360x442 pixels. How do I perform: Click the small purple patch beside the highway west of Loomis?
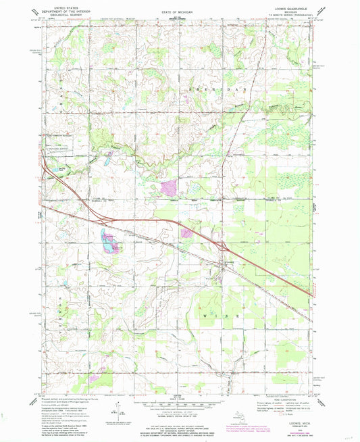(x=186, y=232)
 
